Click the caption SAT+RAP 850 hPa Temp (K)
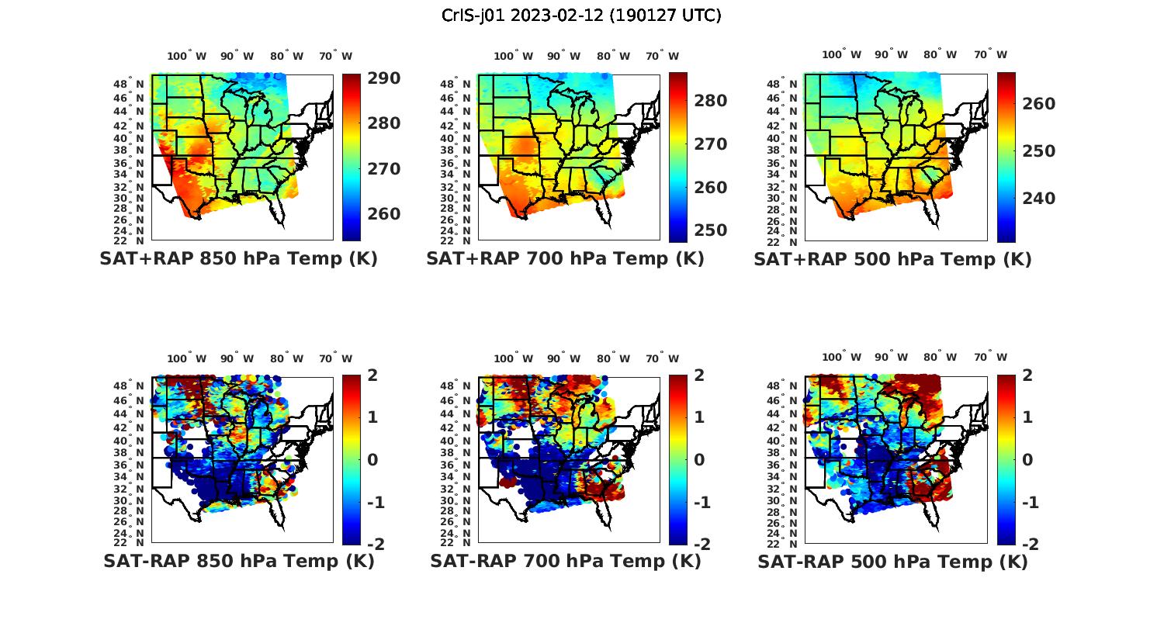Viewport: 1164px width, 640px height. [238, 259]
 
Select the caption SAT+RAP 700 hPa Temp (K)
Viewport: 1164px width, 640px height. [565, 259]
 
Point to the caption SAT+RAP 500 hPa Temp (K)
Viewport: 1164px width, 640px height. [892, 259]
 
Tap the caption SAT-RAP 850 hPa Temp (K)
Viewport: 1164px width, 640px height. [238, 561]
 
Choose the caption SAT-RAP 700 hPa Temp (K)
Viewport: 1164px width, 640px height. [565, 561]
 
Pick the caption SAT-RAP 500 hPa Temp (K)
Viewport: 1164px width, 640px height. [892, 561]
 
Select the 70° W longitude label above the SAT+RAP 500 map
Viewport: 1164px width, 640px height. [990, 54]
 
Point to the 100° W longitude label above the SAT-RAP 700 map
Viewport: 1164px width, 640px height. [513, 358]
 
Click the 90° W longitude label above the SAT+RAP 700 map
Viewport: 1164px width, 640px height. [563, 56]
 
